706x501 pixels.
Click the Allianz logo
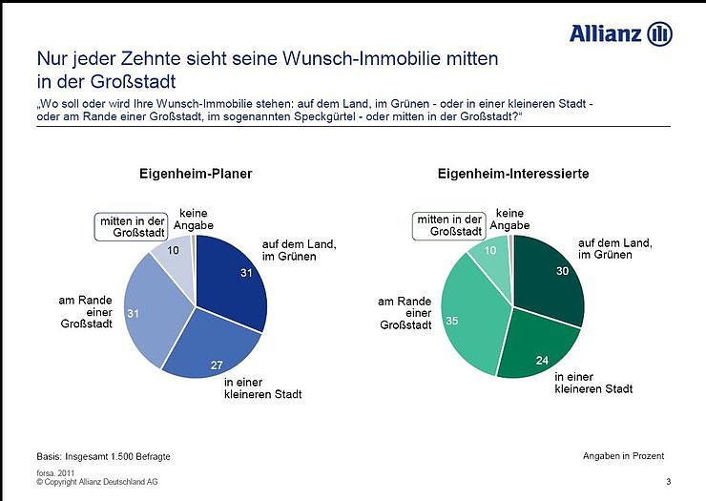tap(620, 34)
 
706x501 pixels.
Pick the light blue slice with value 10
tap(175, 255)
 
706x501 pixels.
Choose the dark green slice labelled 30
tap(549, 277)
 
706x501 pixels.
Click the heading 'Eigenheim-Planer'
tap(197, 175)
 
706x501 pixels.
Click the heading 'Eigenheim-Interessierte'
tap(512, 175)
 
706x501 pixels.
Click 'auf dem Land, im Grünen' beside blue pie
tap(299, 251)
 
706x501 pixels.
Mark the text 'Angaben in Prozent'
tap(623, 456)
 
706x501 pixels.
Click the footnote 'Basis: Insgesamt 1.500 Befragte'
tap(103, 456)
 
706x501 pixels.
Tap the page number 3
tap(669, 482)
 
